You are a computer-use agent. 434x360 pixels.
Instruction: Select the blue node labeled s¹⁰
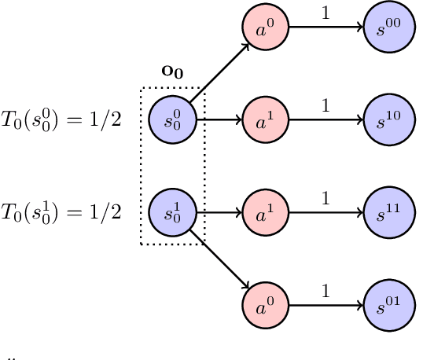[385, 120]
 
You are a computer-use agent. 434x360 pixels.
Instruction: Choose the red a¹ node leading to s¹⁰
[263, 120]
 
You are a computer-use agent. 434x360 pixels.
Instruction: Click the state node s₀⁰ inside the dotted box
[171, 120]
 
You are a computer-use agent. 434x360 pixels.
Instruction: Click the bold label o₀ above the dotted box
[171, 71]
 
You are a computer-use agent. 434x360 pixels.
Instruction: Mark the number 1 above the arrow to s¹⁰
[325, 105]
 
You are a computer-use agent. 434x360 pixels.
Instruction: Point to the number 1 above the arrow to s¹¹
[325, 197]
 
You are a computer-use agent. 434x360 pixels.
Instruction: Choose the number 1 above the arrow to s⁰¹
[325, 288]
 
